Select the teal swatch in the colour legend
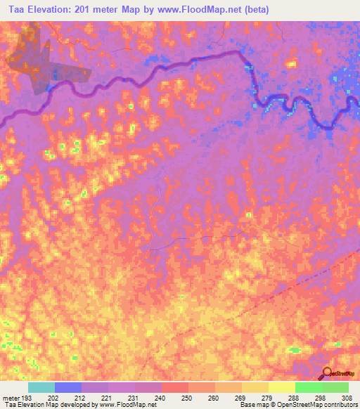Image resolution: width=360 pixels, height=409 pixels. click(41, 387)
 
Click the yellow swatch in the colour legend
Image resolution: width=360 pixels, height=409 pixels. click(281, 387)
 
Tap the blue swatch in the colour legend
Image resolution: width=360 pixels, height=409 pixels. click(68, 387)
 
